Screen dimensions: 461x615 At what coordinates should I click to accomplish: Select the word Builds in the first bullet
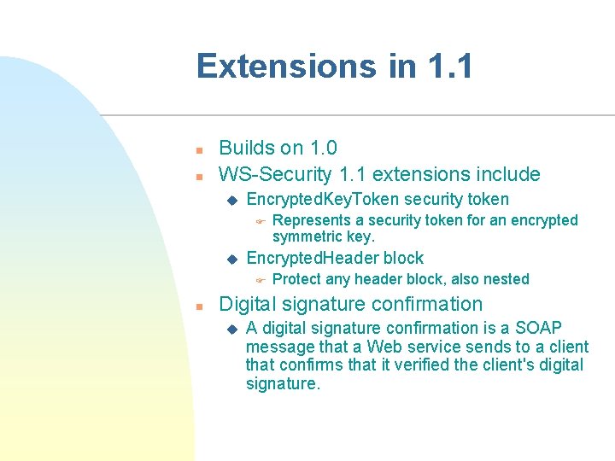pyautogui.click(x=246, y=148)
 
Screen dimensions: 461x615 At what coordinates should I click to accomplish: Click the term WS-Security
pyautogui.click(x=275, y=174)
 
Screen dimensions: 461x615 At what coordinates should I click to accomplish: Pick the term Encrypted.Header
pyautogui.click(x=313, y=258)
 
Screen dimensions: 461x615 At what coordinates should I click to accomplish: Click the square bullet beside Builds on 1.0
pyautogui.click(x=198, y=149)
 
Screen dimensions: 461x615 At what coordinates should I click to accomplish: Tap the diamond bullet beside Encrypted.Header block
pyautogui.click(x=230, y=259)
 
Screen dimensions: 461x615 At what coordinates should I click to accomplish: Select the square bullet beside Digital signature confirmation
pyautogui.click(x=198, y=306)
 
